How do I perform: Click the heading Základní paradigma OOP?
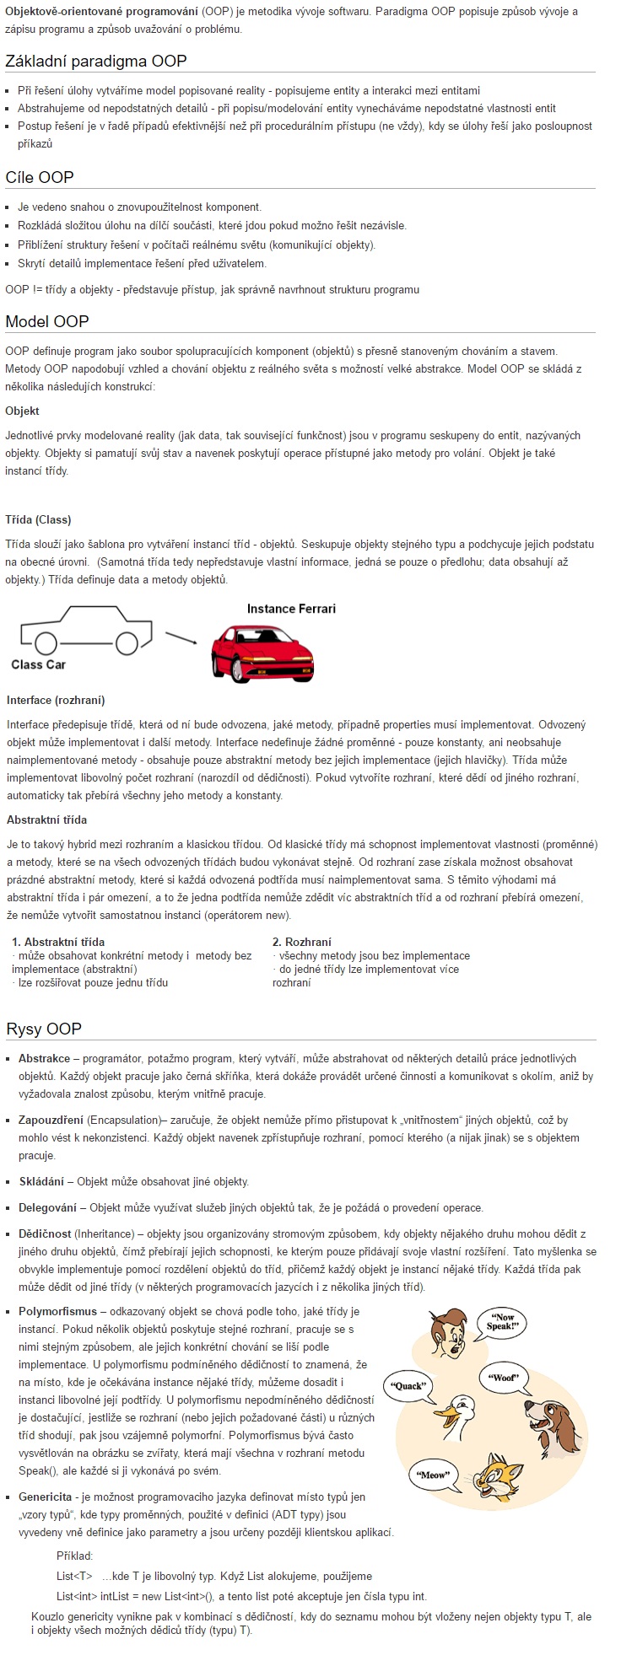pyautogui.click(x=96, y=61)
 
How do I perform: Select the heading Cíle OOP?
pyautogui.click(x=40, y=177)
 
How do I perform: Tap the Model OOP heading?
pyautogui.click(x=47, y=321)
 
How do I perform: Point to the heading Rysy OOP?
pyautogui.click(x=44, y=1029)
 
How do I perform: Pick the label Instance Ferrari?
pyautogui.click(x=291, y=609)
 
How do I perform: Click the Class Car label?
pyautogui.click(x=38, y=664)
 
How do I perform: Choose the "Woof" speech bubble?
pyautogui.click(x=505, y=1378)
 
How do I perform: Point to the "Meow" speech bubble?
pyautogui.click(x=434, y=1475)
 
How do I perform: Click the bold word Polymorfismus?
pyautogui.click(x=57, y=1312)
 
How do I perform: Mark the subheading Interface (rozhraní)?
pyautogui.click(x=56, y=700)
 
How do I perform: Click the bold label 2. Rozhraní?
pyautogui.click(x=301, y=942)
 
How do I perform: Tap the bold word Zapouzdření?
pyautogui.click(x=51, y=1120)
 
